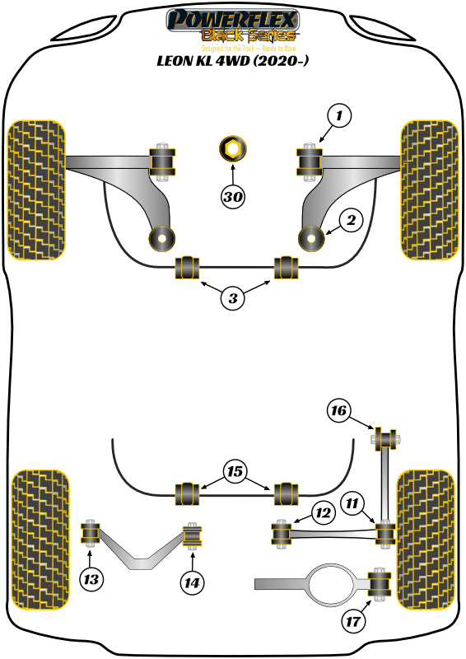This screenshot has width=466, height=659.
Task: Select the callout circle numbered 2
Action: pos(351,220)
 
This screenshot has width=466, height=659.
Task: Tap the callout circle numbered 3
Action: pos(233,299)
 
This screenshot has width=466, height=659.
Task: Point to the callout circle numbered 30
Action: pos(233,196)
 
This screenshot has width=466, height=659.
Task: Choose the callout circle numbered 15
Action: pos(234,471)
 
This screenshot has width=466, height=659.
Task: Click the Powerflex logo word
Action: pos(232,19)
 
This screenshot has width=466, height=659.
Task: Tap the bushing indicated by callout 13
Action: pos(90,535)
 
